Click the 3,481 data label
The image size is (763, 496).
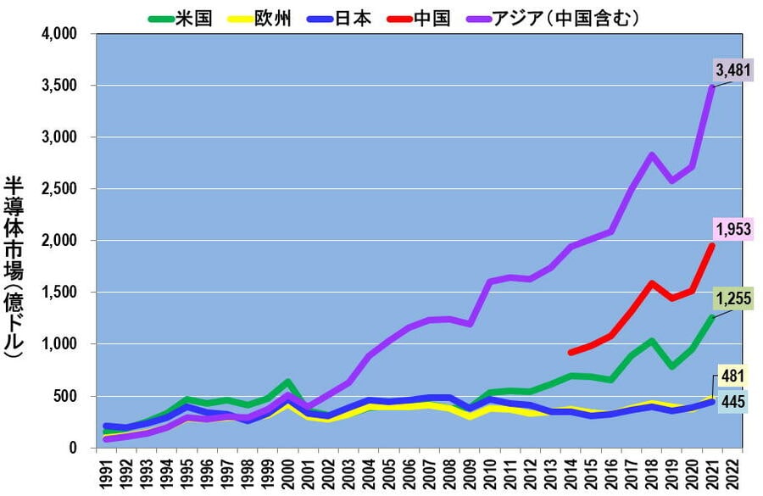(733, 70)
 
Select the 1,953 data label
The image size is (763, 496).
(733, 228)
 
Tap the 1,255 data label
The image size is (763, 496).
(733, 298)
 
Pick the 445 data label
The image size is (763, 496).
(733, 402)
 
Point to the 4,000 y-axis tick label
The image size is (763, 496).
(59, 34)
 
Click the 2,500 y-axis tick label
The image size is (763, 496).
(59, 189)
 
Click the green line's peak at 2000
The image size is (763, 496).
(288, 382)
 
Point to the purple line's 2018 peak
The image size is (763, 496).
(651, 155)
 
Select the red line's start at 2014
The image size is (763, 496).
(571, 352)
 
